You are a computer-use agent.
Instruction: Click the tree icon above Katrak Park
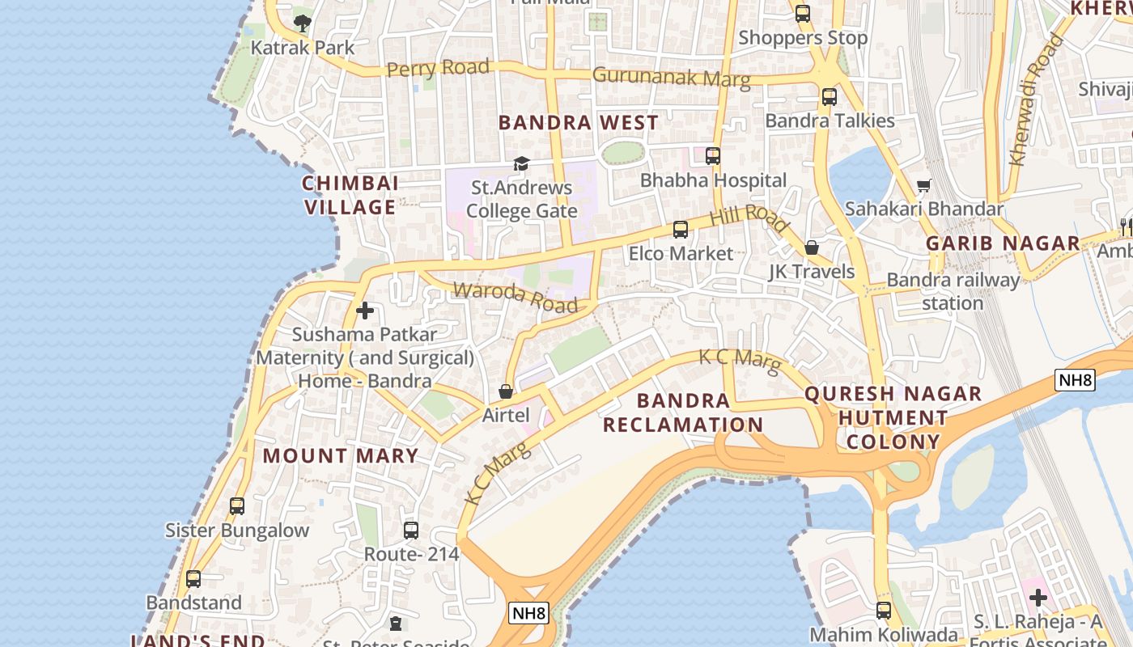303,23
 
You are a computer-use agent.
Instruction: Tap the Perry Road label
438,68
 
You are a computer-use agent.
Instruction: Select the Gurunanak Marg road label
671,77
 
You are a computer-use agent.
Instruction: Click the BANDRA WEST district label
578,123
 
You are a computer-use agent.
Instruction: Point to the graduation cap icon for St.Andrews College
521,164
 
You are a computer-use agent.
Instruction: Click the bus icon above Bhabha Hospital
713,156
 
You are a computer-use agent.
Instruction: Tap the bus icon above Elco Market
681,230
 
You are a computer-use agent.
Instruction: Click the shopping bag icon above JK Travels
812,248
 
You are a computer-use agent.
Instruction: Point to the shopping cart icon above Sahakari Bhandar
923,186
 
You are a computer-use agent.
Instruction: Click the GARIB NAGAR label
1003,243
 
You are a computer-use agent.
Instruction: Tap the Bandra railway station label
953,291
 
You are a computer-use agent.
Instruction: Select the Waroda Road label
516,297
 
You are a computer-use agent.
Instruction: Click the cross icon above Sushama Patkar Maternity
365,311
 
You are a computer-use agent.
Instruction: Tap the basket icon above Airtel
506,392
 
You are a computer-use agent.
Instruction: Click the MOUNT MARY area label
340,456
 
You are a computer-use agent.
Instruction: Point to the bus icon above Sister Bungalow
237,506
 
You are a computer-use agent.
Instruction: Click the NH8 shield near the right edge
1075,380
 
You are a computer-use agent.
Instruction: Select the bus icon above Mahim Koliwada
884,611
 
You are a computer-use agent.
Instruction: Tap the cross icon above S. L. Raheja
1038,598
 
